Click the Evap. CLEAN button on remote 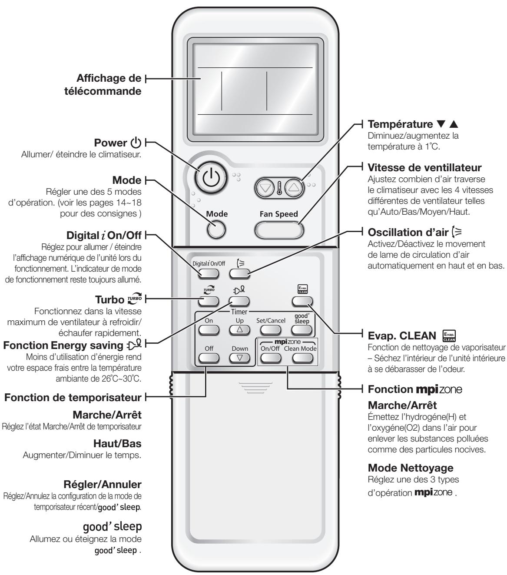tap(303, 301)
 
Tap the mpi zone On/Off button tap(270, 357)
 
